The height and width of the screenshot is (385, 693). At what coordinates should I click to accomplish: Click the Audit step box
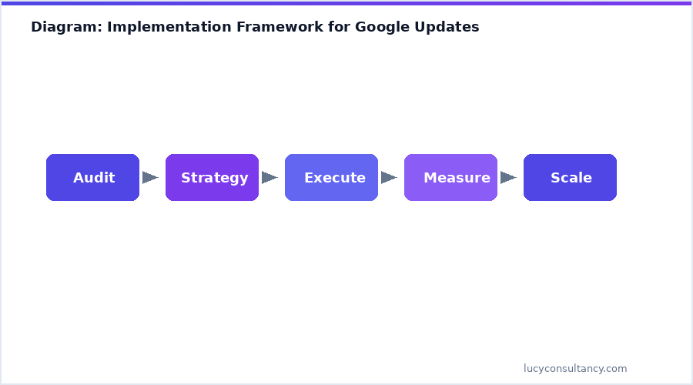[x=92, y=178]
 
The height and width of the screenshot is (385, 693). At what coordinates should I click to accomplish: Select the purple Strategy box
[x=212, y=178]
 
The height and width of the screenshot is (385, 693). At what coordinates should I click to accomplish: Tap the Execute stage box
[x=331, y=178]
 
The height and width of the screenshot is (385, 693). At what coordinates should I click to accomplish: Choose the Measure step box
[x=450, y=178]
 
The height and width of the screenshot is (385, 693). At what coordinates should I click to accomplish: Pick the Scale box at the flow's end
[x=570, y=178]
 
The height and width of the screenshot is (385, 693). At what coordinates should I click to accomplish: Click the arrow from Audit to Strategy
[x=150, y=178]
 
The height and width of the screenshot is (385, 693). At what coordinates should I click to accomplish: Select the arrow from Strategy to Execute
[x=269, y=178]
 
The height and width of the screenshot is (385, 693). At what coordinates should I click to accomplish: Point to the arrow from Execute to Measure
[x=389, y=178]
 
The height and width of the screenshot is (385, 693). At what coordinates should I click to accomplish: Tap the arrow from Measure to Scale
[x=508, y=178]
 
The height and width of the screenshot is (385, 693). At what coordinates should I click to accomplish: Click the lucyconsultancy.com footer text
[x=575, y=369]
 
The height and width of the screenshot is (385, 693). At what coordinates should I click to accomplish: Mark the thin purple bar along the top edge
[x=346, y=2]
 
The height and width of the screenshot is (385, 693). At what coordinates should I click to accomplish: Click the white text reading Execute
[x=335, y=178]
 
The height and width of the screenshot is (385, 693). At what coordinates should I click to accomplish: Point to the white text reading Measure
[x=457, y=178]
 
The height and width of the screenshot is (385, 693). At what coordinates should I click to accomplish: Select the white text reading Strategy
[x=215, y=178]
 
